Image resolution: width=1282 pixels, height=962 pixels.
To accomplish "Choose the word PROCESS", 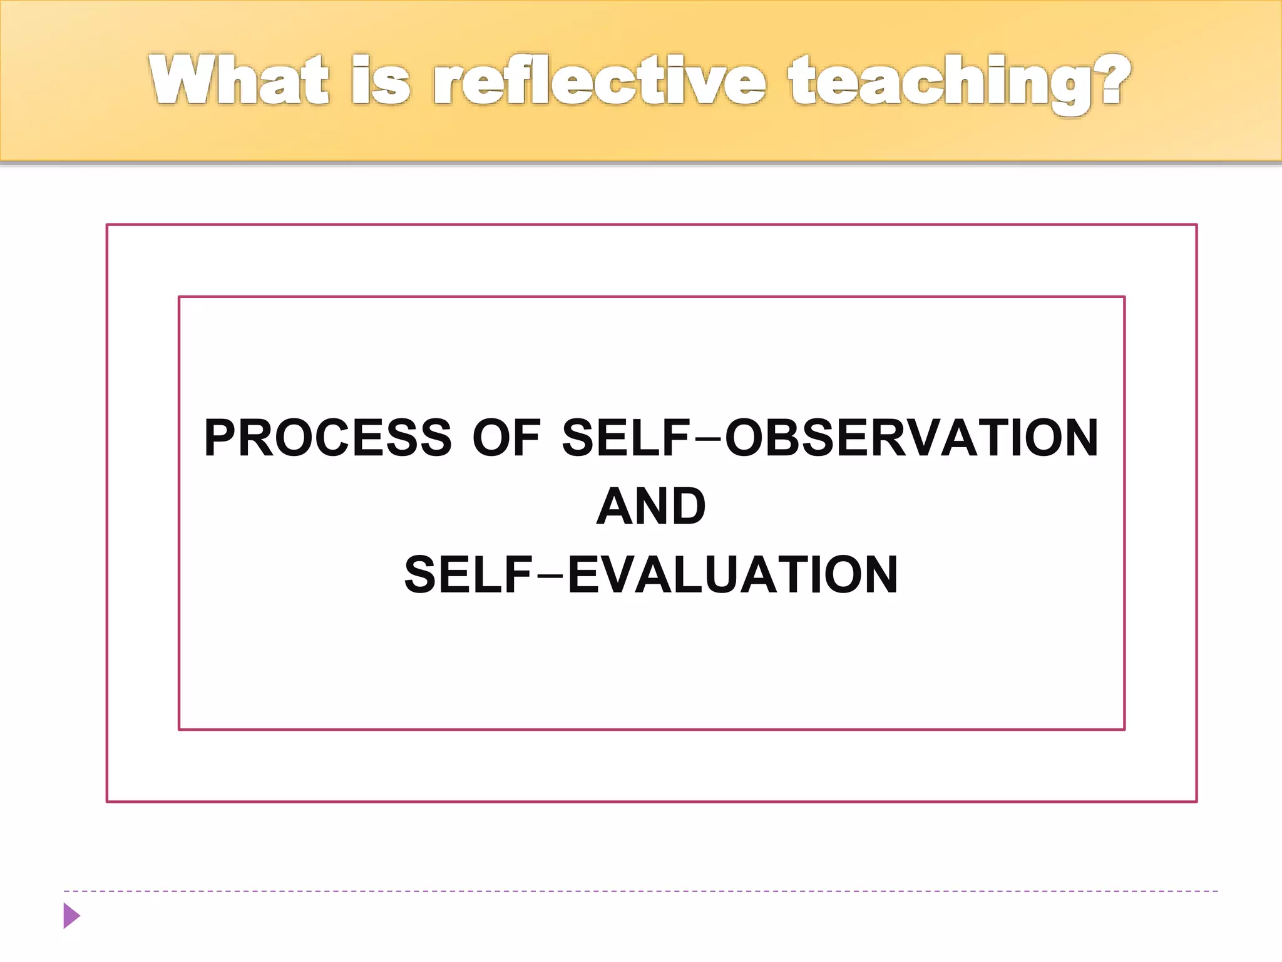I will click(x=327, y=438).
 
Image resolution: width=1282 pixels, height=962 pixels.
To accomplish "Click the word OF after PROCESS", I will click(x=506, y=438).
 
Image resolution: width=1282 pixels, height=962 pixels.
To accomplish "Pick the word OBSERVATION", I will click(x=911, y=438).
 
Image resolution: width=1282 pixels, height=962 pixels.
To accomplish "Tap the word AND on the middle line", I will click(x=651, y=507).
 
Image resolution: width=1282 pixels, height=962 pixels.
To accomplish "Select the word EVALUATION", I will click(x=732, y=575).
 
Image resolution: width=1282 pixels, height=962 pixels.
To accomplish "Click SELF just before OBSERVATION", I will click(x=626, y=438).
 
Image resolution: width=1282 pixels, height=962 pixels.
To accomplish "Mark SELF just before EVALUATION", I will click(x=469, y=575).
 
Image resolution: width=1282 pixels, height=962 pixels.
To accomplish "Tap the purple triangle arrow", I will click(x=71, y=916).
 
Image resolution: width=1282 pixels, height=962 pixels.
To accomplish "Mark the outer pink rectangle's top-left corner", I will click(x=107, y=225).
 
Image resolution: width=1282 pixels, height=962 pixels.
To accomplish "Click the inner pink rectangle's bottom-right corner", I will click(x=1124, y=729).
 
